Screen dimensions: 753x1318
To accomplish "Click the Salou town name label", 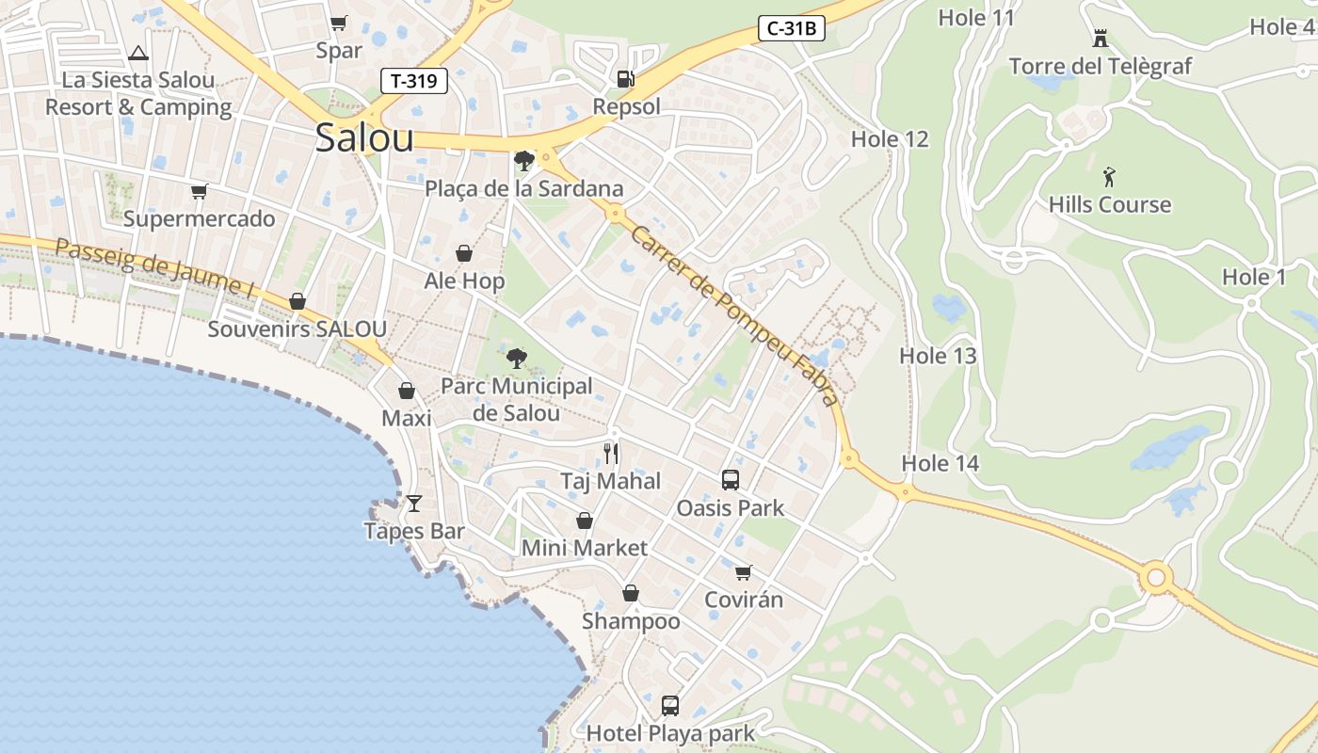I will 364,138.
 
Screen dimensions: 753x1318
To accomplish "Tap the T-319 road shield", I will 413,81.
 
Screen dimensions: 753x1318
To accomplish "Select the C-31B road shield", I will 791,28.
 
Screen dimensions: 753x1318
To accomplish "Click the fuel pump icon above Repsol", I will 625,79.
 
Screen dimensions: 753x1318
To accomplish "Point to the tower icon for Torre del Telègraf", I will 1100,39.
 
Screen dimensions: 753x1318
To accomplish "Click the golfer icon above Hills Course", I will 1109,177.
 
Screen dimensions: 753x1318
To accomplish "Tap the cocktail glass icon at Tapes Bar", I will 413,504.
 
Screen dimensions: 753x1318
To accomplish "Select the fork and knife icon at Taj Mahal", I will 611,455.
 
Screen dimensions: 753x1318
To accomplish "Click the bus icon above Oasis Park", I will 730,480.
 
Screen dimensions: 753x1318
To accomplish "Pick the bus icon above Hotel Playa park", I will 669,705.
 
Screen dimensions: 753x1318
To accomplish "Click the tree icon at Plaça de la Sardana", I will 523,161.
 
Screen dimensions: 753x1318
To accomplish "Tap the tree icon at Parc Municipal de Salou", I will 516,359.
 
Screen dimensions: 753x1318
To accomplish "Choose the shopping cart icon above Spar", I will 338,23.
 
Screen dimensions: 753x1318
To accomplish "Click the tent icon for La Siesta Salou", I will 138,53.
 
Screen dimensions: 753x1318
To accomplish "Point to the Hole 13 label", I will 938,356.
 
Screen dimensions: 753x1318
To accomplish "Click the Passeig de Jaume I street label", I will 154,268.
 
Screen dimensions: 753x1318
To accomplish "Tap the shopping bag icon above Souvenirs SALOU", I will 297,301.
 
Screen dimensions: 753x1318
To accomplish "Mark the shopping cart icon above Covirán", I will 743,572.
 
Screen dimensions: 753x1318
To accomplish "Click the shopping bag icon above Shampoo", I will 630,593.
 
